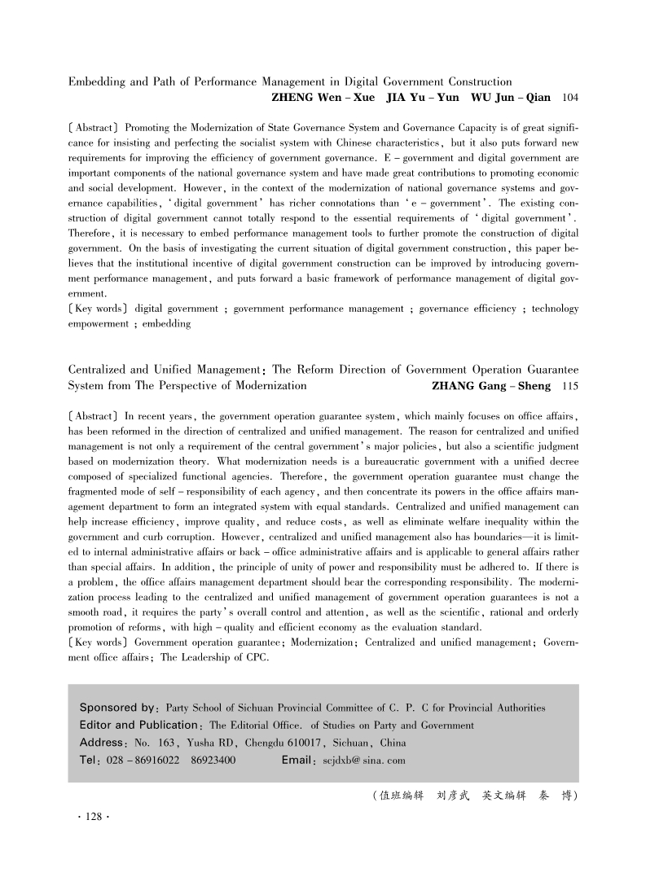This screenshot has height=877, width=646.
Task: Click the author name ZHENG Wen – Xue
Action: coord(317,98)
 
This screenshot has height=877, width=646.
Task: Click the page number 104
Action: coord(570,98)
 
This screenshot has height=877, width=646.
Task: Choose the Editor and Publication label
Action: coord(138,725)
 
